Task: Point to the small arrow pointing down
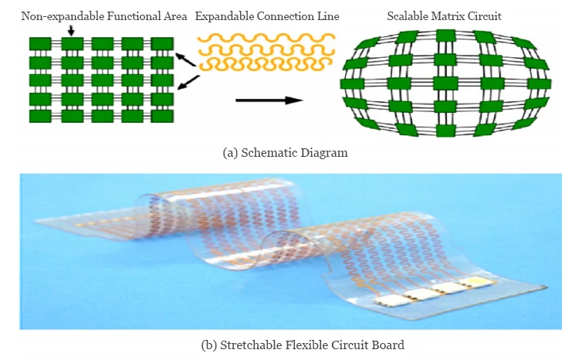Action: point(71,30)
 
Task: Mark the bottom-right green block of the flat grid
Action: point(161,116)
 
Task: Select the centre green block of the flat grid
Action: point(102,80)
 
